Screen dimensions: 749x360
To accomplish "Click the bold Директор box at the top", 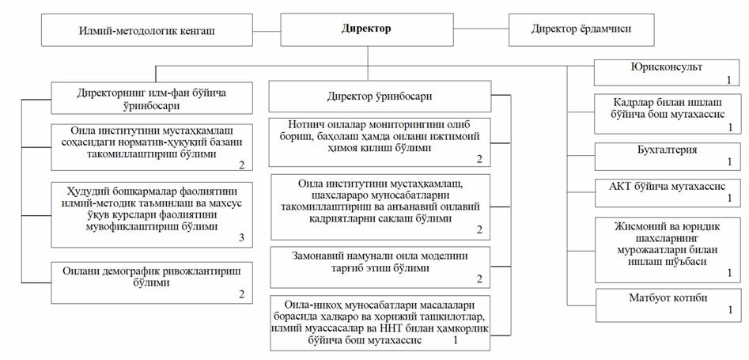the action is pyautogui.click(x=367, y=29).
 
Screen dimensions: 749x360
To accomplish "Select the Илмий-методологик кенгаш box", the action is pyautogui.click(x=146, y=30).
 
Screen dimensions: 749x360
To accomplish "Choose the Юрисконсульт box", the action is pyautogui.click(x=666, y=73).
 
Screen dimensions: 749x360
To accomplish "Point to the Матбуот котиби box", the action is pyautogui.click(x=668, y=305).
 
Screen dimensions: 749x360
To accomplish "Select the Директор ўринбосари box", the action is pyautogui.click(x=380, y=97).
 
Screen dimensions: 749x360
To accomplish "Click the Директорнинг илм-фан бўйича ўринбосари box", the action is pyautogui.click(x=152, y=98).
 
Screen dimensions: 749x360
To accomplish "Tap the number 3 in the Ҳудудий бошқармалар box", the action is pyautogui.click(x=242, y=238).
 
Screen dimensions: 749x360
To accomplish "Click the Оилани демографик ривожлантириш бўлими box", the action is pyautogui.click(x=152, y=282).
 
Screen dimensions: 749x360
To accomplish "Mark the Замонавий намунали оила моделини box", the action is pyautogui.click(x=380, y=267).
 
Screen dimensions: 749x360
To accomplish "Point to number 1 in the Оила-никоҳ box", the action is pyautogui.click(x=456, y=341).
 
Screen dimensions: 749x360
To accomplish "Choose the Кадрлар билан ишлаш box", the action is pyautogui.click(x=667, y=114).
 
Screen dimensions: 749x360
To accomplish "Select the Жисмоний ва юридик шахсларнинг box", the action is pyautogui.click(x=667, y=249).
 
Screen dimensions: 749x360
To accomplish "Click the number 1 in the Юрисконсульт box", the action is pyautogui.click(x=729, y=79).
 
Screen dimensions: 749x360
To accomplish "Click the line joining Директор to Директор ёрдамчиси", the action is pyautogui.click(x=482, y=29).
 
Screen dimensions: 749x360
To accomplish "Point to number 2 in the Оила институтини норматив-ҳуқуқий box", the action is pyautogui.click(x=242, y=165).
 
